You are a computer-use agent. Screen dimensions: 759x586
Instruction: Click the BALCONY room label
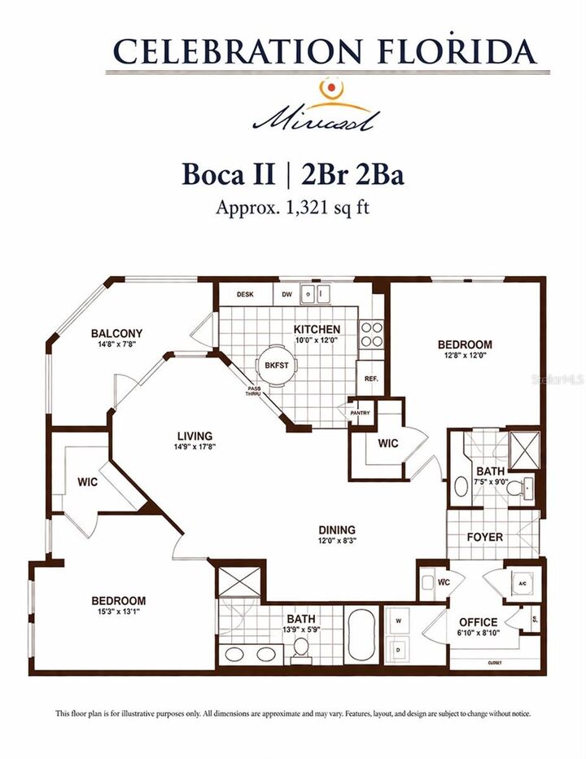pos(116,333)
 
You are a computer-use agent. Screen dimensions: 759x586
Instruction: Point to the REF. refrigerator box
pos(371,379)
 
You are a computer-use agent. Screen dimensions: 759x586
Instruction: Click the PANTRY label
pos(360,413)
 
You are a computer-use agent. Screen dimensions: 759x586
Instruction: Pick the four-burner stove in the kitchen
pos(371,335)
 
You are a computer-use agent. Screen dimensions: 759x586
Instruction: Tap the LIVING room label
pos(193,436)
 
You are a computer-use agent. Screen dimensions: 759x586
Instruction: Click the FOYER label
pos(484,537)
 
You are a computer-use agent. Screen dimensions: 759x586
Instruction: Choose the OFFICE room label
pos(478,622)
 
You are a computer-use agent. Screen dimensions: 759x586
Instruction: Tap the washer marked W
pos(398,621)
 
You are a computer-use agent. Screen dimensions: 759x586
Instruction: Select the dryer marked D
pos(398,651)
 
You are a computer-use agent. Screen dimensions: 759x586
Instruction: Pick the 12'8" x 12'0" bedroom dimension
pos(465,356)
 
